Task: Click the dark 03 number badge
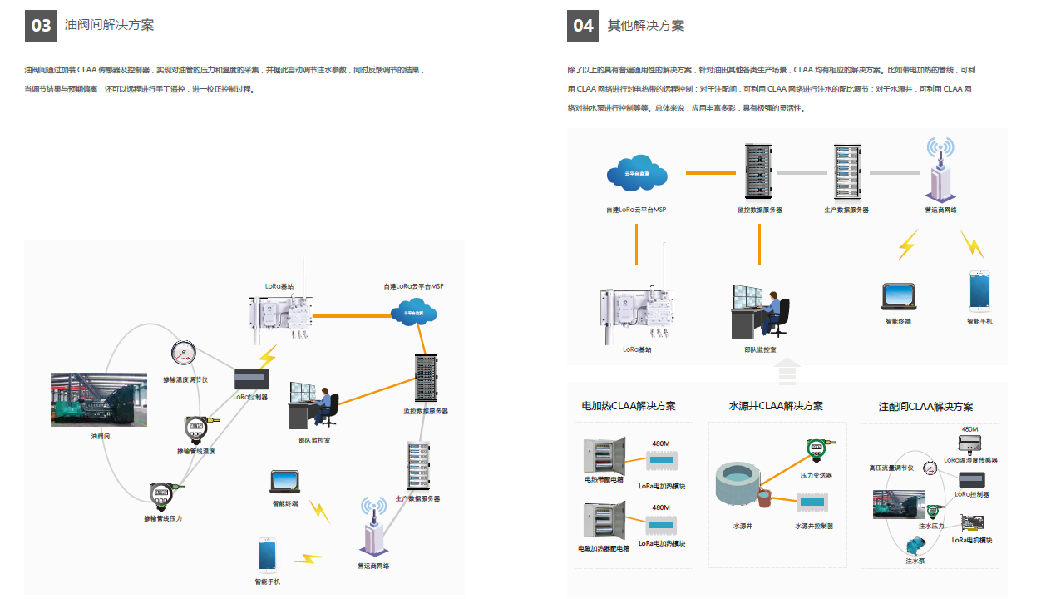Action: (x=42, y=26)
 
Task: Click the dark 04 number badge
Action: (x=584, y=26)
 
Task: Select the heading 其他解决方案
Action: (x=646, y=26)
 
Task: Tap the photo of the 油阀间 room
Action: (x=99, y=400)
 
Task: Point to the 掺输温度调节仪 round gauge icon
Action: (x=184, y=354)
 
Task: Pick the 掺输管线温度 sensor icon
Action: (x=195, y=428)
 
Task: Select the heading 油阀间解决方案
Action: (x=109, y=26)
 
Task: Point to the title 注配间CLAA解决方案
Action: (x=925, y=407)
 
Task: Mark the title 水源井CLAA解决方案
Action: (x=776, y=406)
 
